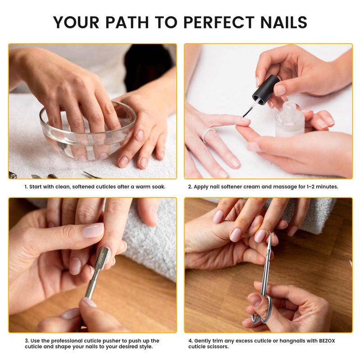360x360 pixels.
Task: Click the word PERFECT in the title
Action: (x=219, y=22)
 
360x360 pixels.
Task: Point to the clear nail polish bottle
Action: (x=290, y=120)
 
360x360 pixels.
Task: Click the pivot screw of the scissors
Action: (x=268, y=254)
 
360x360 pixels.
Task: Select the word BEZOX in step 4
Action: (x=327, y=341)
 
